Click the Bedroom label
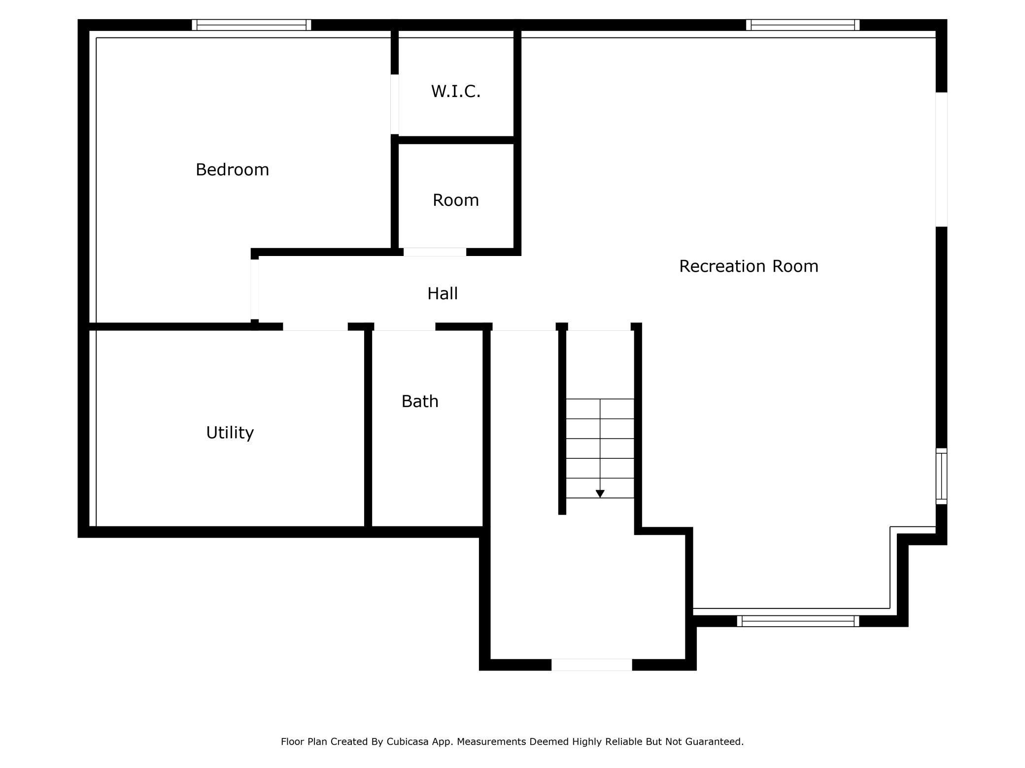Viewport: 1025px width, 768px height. pos(232,170)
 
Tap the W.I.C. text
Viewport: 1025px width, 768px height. pos(455,92)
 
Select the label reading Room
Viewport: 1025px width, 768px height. pos(455,200)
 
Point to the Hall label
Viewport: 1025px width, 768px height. pos(442,294)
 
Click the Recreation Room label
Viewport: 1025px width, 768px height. pos(748,266)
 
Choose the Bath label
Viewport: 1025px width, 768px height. pos(419,402)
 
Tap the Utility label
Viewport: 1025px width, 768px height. pos(230,433)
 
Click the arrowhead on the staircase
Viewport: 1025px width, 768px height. pos(600,493)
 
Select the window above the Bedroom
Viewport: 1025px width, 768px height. pos(251,25)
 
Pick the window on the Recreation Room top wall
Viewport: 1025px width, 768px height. pos(802,25)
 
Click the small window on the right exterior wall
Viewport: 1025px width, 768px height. pos(941,476)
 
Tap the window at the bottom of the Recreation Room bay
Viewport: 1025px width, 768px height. pos(798,621)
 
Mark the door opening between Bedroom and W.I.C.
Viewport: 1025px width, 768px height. pos(395,104)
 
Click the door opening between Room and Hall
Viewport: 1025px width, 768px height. pos(435,252)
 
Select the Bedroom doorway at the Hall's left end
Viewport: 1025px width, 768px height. pos(255,289)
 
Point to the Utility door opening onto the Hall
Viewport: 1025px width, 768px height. pos(315,327)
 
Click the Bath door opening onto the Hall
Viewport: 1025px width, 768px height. pos(405,327)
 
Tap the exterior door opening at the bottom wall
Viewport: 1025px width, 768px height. pos(591,665)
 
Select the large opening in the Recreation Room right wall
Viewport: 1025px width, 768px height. pos(941,160)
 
